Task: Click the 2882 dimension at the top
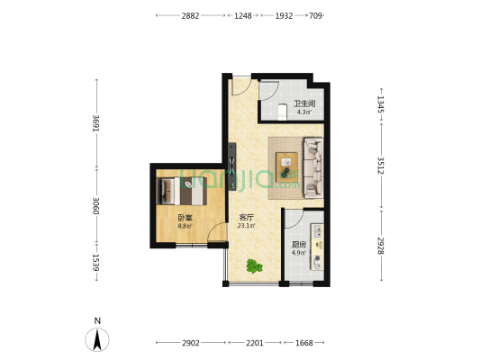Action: click(x=190, y=15)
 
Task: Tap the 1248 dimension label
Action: click(x=243, y=15)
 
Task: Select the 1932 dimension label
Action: click(x=284, y=15)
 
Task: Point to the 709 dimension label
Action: click(x=315, y=15)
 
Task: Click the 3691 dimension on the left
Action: click(x=96, y=123)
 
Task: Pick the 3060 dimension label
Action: click(x=96, y=205)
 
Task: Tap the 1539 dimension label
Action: click(x=96, y=263)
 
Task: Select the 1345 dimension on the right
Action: click(x=381, y=104)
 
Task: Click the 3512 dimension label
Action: click(x=381, y=166)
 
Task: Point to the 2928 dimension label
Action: click(x=381, y=246)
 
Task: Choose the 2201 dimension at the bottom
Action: click(x=255, y=343)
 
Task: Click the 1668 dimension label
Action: click(x=304, y=343)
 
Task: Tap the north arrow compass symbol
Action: click(x=97, y=339)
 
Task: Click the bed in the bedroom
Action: click(x=182, y=191)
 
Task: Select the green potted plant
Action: click(x=254, y=266)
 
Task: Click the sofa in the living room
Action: click(x=313, y=167)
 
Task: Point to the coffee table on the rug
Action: click(x=287, y=167)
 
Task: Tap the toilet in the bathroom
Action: click(x=282, y=112)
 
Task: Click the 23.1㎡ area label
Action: click(x=247, y=226)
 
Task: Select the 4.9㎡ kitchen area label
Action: click(x=299, y=253)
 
